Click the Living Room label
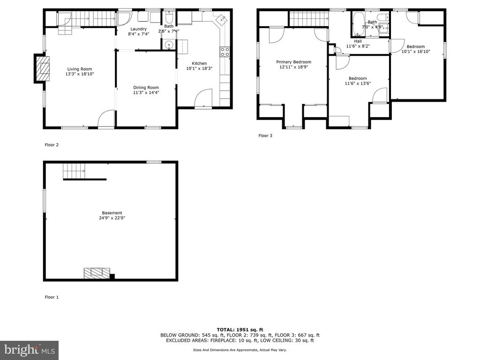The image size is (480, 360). click(80, 69)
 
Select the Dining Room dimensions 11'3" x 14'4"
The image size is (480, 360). click(146, 92)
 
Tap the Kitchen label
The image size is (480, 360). click(199, 63)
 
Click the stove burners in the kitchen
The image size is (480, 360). click(225, 52)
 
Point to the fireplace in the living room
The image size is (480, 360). click(41, 68)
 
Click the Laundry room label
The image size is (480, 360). click(139, 29)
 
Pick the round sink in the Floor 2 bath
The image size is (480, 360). click(169, 46)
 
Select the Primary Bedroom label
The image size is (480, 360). click(293, 62)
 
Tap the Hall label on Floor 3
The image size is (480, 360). click(358, 41)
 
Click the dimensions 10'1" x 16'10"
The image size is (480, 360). click(416, 52)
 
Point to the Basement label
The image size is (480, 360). click(112, 213)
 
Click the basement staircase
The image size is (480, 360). click(74, 171)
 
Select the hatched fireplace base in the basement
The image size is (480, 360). click(97, 273)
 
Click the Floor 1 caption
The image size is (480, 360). click(52, 297)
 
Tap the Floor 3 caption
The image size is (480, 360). click(265, 135)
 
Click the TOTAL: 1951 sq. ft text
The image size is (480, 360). click(240, 330)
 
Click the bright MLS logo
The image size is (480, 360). click(29, 350)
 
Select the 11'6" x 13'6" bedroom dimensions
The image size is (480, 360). click(358, 83)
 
